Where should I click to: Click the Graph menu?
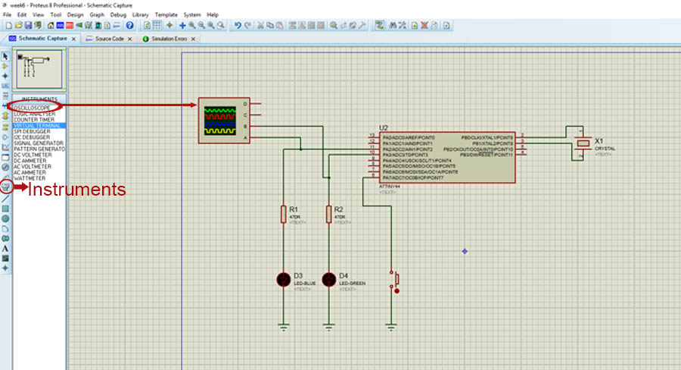click(97, 14)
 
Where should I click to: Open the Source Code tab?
click(109, 38)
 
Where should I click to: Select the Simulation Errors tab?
click(168, 38)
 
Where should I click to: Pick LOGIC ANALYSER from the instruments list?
click(35, 114)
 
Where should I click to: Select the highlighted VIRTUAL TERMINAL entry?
click(36, 125)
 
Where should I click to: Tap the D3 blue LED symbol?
click(284, 280)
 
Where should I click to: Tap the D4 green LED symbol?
click(328, 280)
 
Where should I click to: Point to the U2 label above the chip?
click(384, 128)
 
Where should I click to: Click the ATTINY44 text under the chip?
click(389, 187)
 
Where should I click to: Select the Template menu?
click(166, 14)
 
